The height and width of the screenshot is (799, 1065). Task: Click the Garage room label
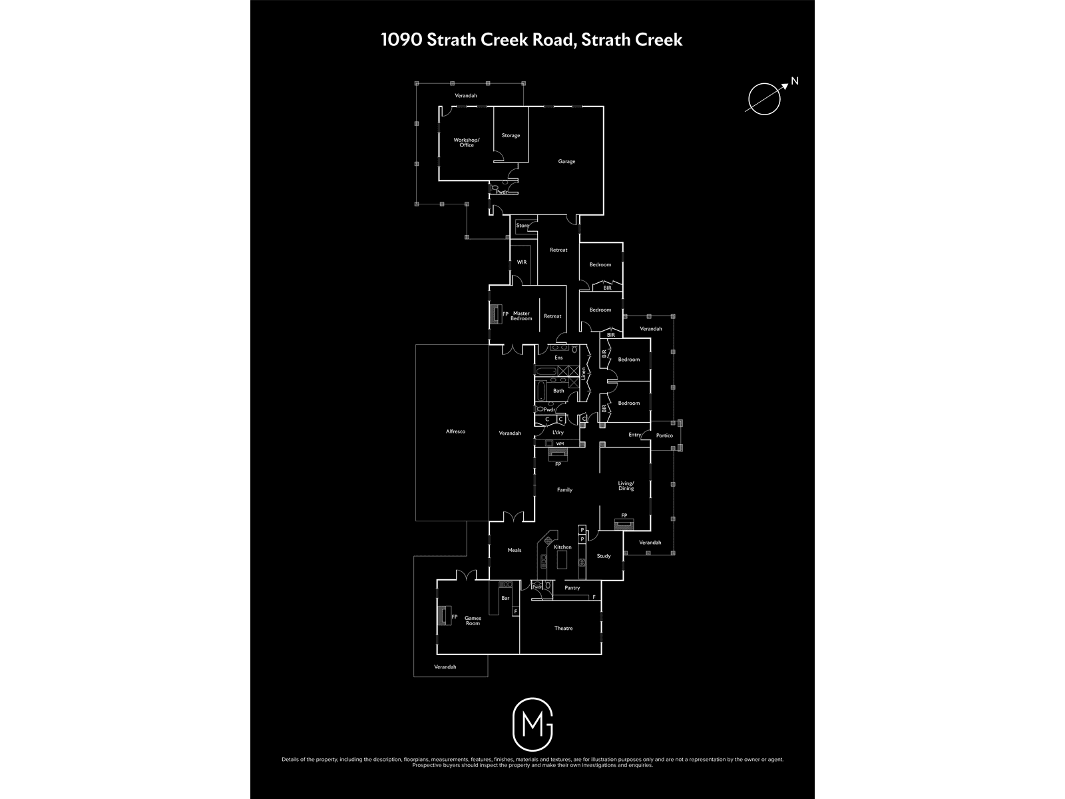[x=566, y=162]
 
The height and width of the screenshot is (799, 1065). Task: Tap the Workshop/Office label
[x=467, y=142]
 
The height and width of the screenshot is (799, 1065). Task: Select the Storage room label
[x=511, y=136]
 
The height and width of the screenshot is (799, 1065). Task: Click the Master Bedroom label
[x=521, y=316]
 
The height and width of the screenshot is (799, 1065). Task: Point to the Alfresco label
[x=455, y=431]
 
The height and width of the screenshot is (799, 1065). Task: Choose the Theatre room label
[x=563, y=629]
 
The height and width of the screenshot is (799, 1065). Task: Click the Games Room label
[x=473, y=621]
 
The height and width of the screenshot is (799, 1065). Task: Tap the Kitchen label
[x=562, y=547]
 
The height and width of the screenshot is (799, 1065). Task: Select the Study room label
[x=603, y=556]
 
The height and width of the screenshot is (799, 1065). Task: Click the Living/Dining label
[x=626, y=486]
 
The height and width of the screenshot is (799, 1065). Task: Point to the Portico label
[x=664, y=435]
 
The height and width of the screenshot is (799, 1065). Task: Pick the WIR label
[x=522, y=262]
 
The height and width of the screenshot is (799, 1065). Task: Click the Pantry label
[x=572, y=588]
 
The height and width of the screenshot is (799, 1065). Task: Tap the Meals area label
[x=515, y=550]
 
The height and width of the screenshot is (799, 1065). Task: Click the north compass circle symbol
[x=763, y=99]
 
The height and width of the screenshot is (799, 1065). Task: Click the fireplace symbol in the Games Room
[x=443, y=616]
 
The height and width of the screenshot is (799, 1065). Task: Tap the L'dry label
[x=558, y=433]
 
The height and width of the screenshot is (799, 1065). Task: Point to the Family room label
[x=564, y=490]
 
